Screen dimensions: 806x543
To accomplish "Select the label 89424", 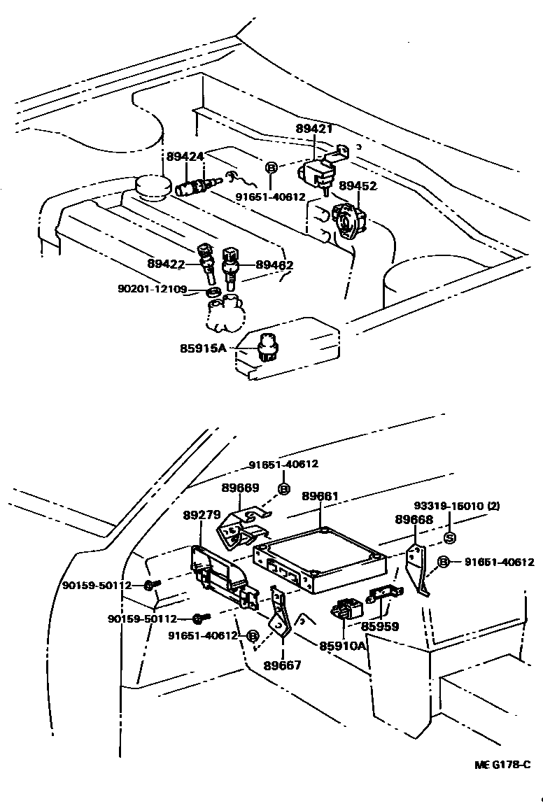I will [185, 156].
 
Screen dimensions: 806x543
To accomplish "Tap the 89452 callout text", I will [358, 186].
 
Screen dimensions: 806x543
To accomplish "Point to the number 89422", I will [166, 264].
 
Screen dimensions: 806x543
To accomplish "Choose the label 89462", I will [274, 265].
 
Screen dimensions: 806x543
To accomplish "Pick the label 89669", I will [240, 488].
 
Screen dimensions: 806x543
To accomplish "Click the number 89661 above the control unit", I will [320, 496].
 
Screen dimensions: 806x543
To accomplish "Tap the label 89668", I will [414, 519].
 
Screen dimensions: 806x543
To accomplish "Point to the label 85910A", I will [343, 646].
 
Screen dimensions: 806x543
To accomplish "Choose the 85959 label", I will [380, 626].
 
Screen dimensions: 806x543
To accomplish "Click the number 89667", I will [282, 665].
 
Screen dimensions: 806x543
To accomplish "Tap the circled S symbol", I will [450, 538].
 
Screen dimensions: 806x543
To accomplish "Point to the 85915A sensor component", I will [267, 346].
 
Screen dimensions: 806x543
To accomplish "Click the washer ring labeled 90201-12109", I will [214, 291].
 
